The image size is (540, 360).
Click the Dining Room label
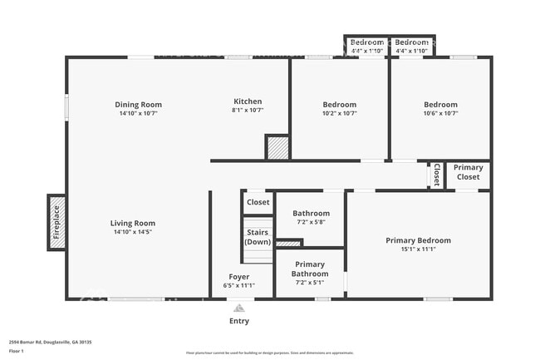click(138, 105)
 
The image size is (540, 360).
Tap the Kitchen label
click(247, 101)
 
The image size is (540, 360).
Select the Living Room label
click(133, 223)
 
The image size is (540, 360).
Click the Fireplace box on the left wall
click(56, 222)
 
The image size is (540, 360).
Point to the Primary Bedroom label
click(418, 240)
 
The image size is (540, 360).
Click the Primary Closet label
click(468, 172)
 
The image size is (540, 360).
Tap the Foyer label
click(239, 277)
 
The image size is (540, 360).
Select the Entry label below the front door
click(238, 321)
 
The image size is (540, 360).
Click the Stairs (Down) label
click(258, 237)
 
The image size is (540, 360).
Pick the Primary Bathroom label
click(310, 269)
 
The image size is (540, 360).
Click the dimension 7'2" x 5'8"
click(310, 223)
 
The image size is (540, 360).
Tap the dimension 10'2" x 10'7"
click(339, 113)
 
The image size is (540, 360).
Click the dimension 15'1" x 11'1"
click(418, 249)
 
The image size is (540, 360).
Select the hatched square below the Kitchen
click(277, 147)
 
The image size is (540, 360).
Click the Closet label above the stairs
click(258, 202)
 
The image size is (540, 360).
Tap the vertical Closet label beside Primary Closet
click(436, 175)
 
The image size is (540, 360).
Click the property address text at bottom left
click(50, 342)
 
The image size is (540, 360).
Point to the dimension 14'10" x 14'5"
click(133, 232)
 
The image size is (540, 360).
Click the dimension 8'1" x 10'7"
click(247, 110)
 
